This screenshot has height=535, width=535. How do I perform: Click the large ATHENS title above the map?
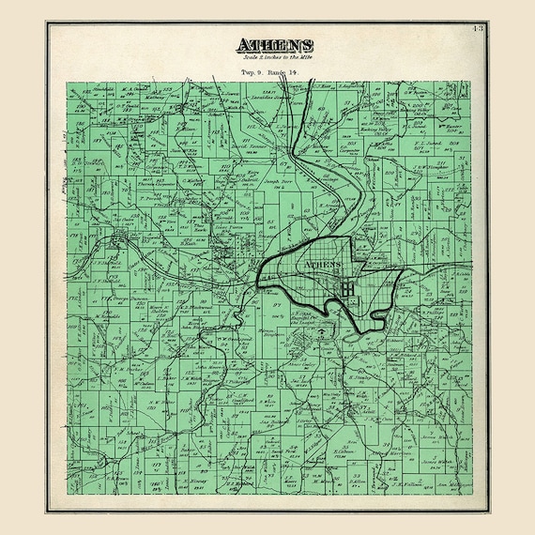tap(275, 46)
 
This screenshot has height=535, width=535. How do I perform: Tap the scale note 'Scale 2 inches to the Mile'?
tap(275, 59)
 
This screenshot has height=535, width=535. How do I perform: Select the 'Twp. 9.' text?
tap(252, 71)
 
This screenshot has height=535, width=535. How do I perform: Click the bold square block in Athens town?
tap(349, 289)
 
